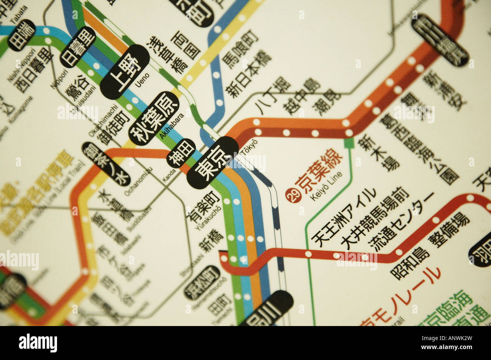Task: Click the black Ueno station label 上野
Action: pyautogui.click(x=125, y=72)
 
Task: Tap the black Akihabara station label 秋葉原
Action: pyautogui.click(x=153, y=118)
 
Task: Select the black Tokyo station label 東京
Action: pyautogui.click(x=213, y=163)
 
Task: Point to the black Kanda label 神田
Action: pyautogui.click(x=182, y=153)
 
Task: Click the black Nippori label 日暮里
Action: pyautogui.click(x=78, y=47)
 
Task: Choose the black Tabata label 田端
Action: pyautogui.click(x=22, y=35)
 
